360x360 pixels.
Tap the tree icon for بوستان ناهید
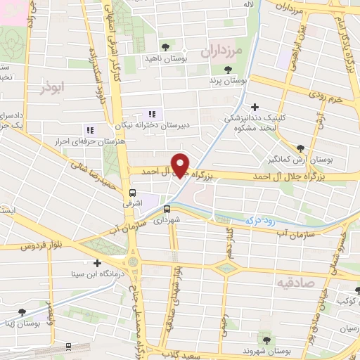point(165,47)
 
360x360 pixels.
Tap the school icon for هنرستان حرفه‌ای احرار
point(89,130)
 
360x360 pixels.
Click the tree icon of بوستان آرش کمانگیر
point(301,148)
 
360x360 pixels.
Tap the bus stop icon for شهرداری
point(167,209)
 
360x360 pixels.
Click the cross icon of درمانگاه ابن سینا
point(97,263)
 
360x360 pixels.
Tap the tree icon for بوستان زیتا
point(22,311)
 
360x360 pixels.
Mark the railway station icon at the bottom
point(68,346)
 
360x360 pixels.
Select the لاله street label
point(268,6)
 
